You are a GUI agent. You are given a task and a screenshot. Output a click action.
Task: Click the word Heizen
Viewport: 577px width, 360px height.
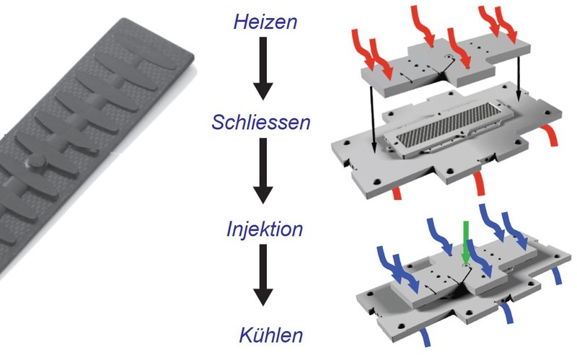[265, 22]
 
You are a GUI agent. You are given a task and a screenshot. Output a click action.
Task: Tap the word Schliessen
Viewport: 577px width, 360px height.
[261, 122]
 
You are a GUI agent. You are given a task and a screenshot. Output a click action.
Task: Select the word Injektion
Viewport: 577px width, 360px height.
[265, 229]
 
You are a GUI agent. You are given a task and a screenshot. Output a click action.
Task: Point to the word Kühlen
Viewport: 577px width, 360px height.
[271, 335]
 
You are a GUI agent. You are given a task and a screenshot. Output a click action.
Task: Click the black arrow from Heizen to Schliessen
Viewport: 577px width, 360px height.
[263, 68]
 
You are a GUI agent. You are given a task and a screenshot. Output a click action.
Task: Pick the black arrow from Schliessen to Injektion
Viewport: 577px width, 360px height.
[263, 171]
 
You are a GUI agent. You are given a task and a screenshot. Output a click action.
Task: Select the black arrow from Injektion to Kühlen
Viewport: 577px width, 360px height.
[263, 275]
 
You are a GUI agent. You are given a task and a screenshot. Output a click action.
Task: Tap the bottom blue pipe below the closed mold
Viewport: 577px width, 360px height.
[426, 337]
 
